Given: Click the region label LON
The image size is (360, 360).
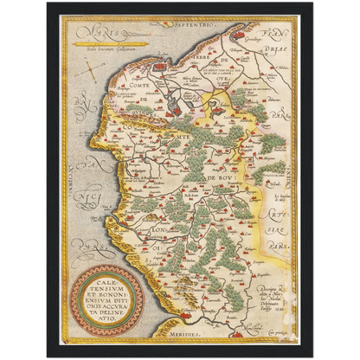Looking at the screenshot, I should [x=144, y=232].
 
